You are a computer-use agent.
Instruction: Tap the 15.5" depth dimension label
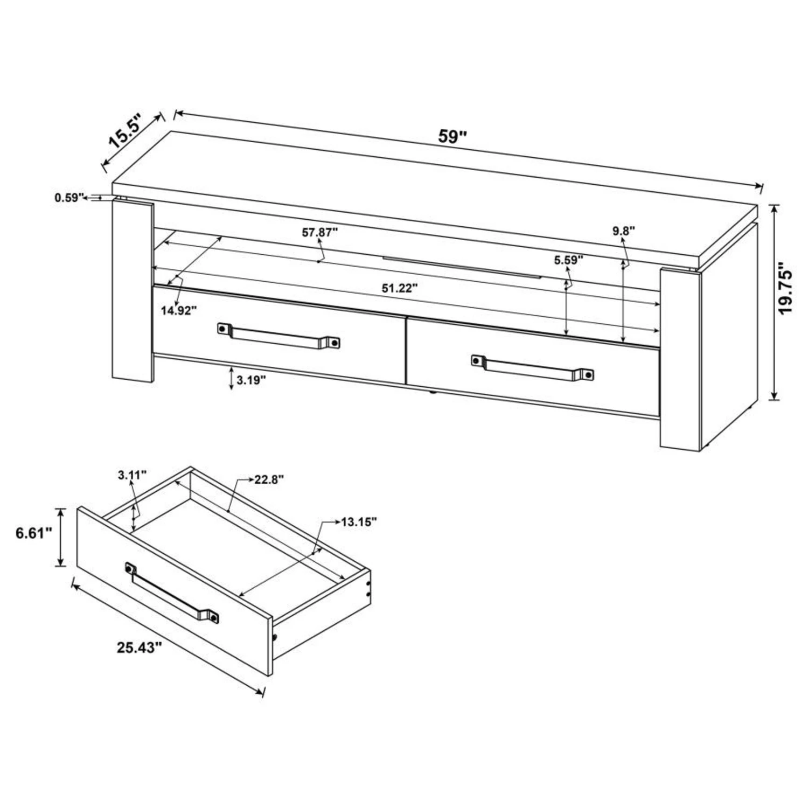[x=125, y=131]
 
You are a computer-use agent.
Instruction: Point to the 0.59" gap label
[x=69, y=198]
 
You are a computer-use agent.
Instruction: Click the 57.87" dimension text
[x=320, y=232]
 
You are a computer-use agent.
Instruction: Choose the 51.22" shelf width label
[x=400, y=288]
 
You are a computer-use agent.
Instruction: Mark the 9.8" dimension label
[x=624, y=231]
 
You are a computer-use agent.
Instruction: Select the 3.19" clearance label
[x=252, y=380]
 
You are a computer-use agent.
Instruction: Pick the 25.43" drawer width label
[x=140, y=647]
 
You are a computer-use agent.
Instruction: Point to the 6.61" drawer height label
[x=34, y=534]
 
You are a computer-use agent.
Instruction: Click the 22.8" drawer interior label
[x=269, y=480]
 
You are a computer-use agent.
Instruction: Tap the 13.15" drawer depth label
[x=358, y=521]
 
